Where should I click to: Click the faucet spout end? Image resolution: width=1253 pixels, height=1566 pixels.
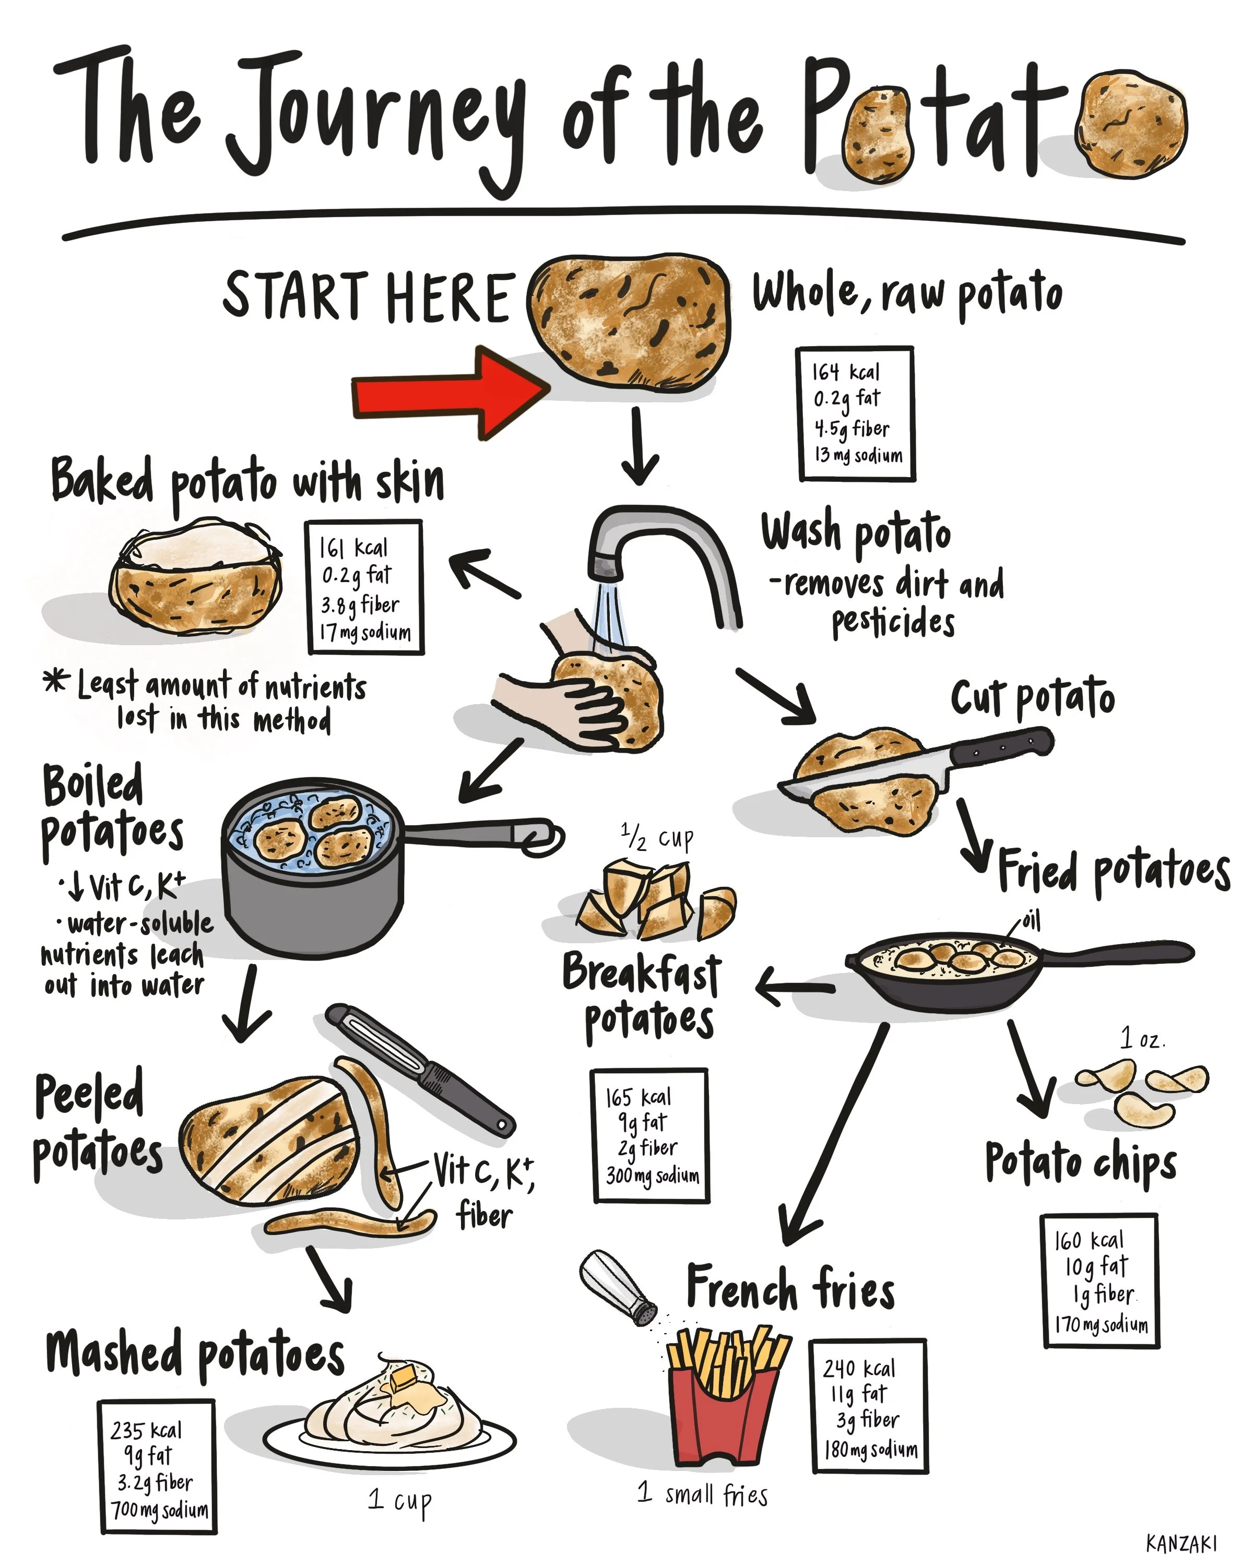(x=605, y=563)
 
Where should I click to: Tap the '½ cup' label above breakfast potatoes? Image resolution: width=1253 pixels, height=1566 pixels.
(x=657, y=838)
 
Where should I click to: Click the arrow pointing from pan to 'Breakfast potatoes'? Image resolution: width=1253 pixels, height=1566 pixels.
(x=795, y=987)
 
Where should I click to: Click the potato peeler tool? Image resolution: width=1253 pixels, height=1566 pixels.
(x=421, y=1067)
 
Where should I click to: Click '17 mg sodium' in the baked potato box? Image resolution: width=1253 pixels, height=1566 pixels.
(x=366, y=632)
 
